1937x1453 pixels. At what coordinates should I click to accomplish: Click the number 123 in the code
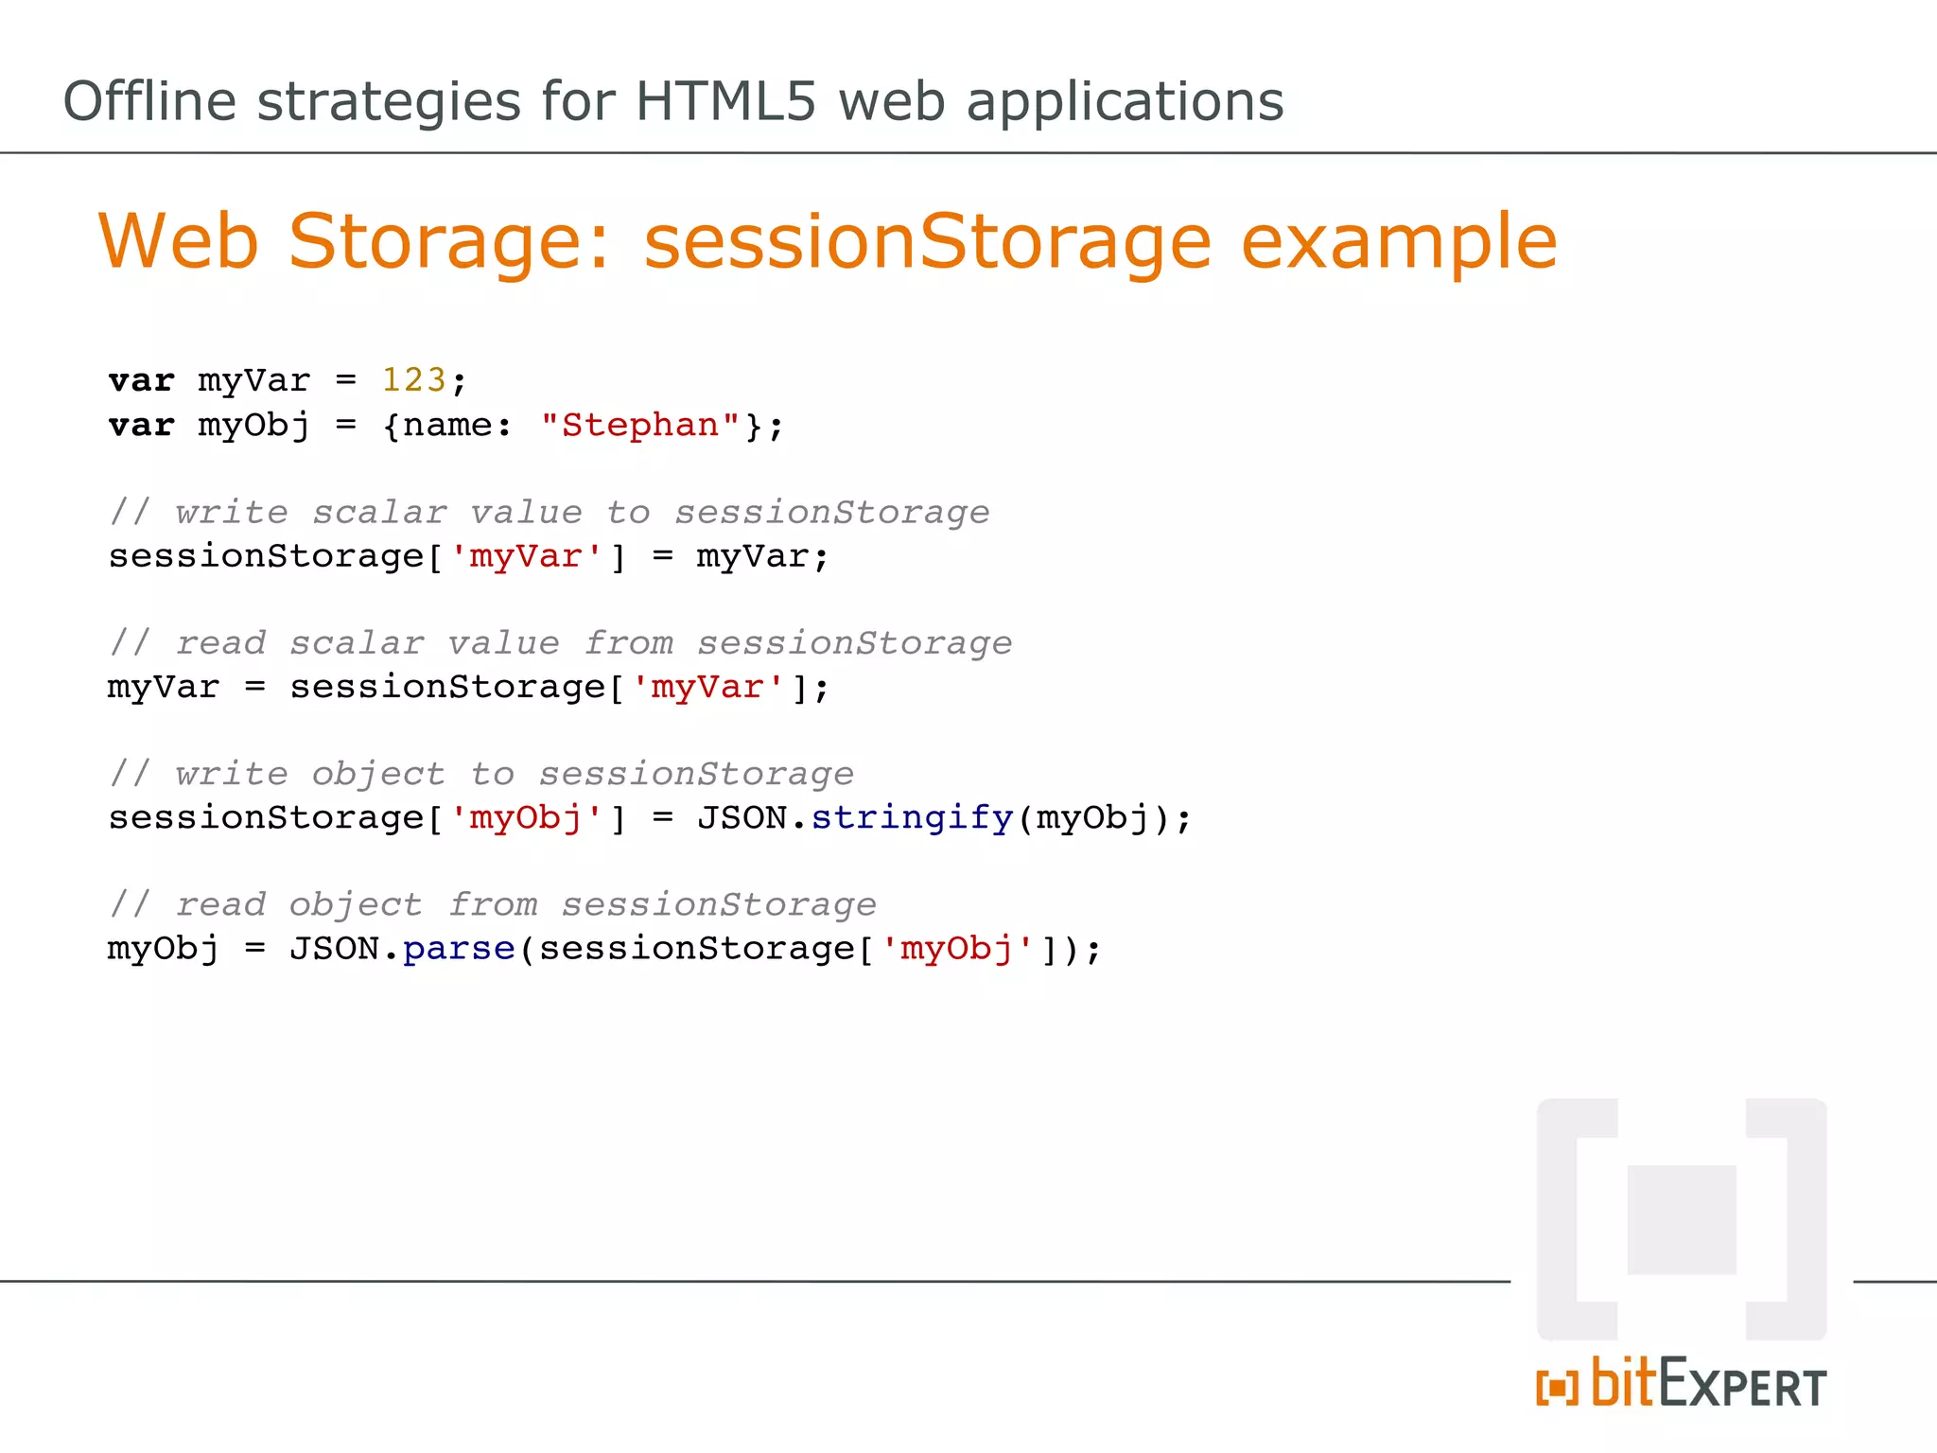click(x=413, y=380)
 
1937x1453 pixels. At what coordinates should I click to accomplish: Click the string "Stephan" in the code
click(x=640, y=426)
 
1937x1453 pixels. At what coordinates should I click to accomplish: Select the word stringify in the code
click(x=912, y=817)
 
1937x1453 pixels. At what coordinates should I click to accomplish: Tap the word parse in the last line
click(x=459, y=948)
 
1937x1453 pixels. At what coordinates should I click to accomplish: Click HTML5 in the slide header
click(x=724, y=101)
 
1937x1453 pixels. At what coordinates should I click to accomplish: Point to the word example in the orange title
click(x=1398, y=242)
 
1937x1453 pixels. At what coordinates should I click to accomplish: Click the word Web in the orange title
click(x=179, y=242)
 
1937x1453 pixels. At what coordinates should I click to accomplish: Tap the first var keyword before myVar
click(x=142, y=380)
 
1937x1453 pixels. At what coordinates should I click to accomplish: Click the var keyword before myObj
click(x=142, y=426)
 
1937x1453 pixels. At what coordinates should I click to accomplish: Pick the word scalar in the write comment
click(x=379, y=512)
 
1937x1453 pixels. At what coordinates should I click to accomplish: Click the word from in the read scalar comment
click(x=628, y=643)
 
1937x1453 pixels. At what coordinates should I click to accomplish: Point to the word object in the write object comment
click(x=378, y=774)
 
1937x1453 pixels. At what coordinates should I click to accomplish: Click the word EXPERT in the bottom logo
click(x=1742, y=1386)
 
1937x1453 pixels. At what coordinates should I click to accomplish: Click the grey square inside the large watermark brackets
click(x=1681, y=1219)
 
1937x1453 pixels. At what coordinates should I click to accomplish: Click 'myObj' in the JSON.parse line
click(x=957, y=948)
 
